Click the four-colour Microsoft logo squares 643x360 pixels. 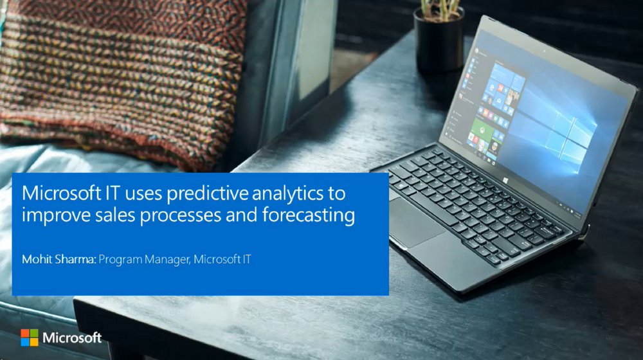coord(29,337)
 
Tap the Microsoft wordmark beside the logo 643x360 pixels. coord(72,337)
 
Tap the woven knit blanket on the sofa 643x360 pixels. coord(116,77)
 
